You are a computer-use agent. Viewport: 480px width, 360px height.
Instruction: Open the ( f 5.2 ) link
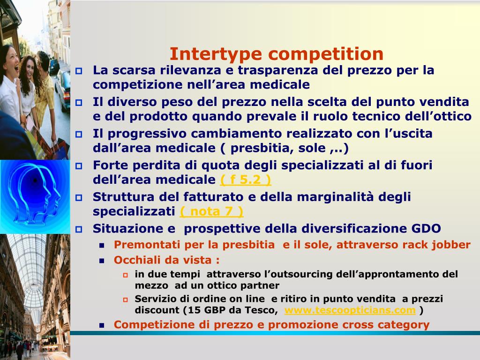246,180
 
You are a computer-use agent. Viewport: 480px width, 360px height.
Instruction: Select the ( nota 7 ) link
212,211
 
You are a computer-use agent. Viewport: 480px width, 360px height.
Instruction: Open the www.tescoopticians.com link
350,310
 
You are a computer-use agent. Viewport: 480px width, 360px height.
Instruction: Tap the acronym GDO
426,229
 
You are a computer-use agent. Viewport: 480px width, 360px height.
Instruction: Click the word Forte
110,165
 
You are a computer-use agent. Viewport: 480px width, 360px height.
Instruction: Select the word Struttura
122,197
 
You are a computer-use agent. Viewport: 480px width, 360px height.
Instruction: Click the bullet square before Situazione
79,229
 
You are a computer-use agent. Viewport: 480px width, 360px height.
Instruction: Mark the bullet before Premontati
102,245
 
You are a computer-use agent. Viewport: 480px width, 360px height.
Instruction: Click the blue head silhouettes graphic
35,196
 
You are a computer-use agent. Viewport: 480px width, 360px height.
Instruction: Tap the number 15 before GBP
191,310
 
